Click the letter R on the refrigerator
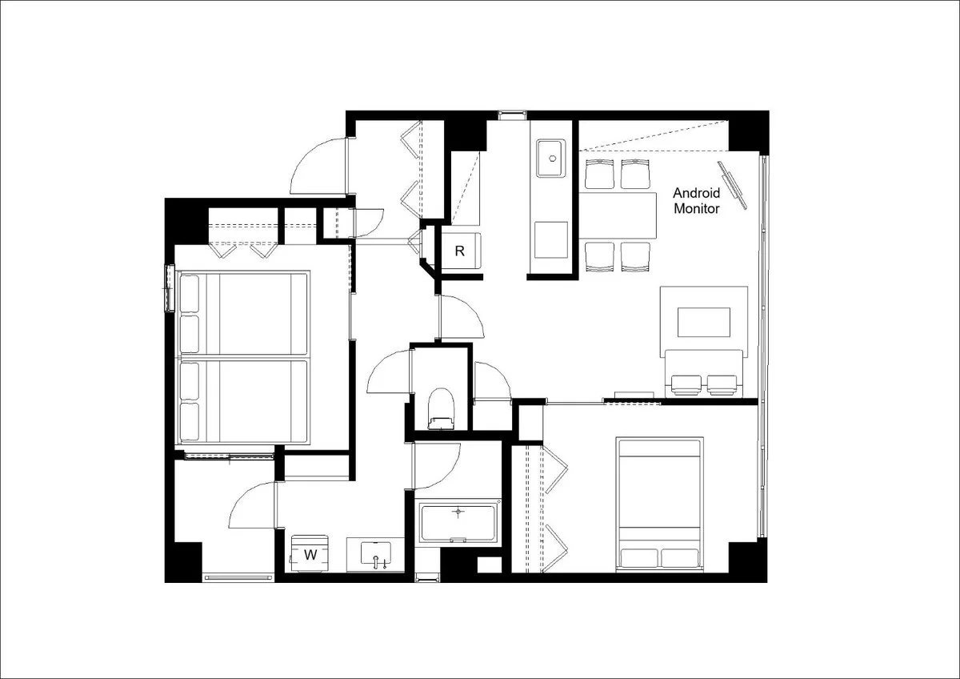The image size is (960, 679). point(459,251)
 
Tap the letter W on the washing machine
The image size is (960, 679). point(310,555)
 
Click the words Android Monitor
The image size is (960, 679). point(697,201)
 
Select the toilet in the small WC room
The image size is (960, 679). point(441,408)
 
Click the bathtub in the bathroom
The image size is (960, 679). point(458,522)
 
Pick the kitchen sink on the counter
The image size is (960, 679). point(551,158)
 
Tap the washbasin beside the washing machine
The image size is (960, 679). point(376,555)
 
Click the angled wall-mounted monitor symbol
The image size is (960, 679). point(733,185)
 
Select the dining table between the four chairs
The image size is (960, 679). point(618,215)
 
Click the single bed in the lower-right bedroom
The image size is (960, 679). point(659,504)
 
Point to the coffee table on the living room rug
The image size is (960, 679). point(704,322)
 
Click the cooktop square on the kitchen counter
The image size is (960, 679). point(551,239)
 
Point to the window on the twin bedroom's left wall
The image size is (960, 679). point(170,288)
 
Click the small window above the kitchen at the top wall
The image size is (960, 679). point(512,115)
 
